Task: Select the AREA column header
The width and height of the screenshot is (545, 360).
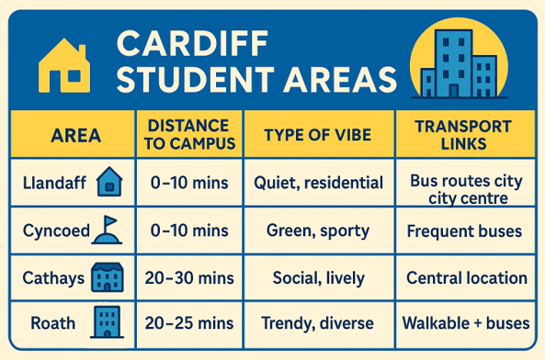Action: [x=76, y=135]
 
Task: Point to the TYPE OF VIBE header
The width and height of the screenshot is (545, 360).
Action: [x=317, y=135]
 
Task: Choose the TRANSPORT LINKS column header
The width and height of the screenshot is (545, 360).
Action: [x=463, y=135]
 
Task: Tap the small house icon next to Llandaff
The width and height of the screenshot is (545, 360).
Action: [x=108, y=182]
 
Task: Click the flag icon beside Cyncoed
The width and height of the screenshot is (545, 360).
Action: [x=107, y=230]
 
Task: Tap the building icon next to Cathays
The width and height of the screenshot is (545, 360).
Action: [x=108, y=277]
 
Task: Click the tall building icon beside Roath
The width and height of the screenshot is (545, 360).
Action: [x=106, y=322]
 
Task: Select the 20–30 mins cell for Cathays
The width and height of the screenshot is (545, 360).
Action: [x=189, y=277]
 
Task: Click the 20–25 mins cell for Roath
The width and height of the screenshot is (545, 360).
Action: [x=189, y=323]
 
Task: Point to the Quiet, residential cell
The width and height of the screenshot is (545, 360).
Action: [x=318, y=183]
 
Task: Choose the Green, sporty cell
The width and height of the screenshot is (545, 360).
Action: [x=318, y=231]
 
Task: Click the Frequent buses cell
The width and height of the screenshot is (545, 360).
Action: [x=465, y=231]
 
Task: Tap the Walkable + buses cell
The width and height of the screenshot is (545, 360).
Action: [x=465, y=323]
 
